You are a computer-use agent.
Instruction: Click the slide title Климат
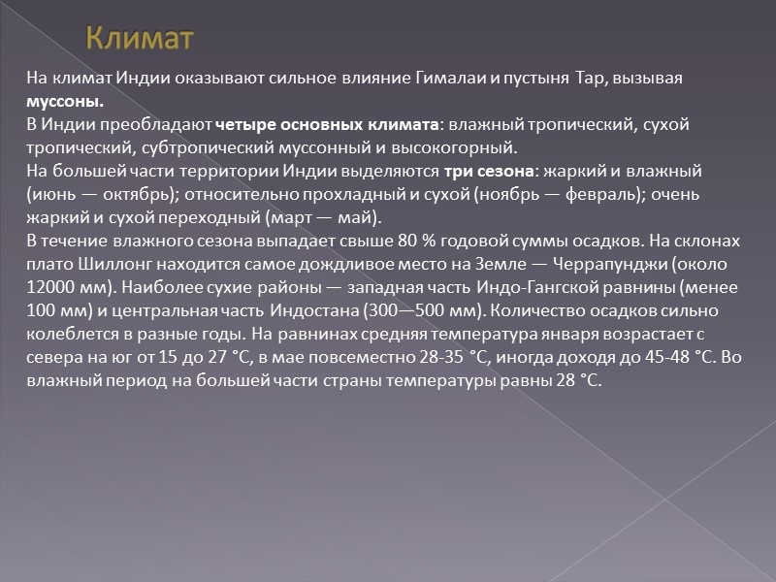[x=140, y=39]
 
